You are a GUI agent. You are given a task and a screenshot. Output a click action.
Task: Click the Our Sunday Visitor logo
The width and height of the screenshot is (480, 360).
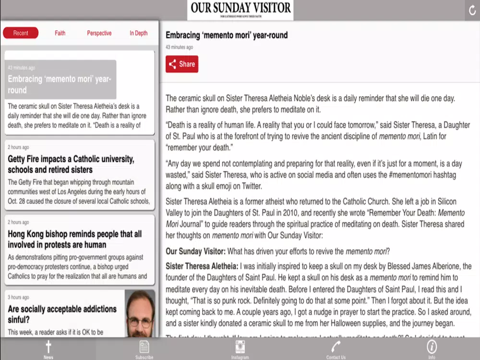(240, 10)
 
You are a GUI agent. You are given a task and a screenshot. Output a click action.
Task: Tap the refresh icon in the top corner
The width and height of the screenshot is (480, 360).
(472, 10)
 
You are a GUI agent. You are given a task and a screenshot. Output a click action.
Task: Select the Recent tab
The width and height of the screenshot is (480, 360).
(21, 33)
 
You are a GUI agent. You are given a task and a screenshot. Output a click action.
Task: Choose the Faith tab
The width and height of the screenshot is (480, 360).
(60, 33)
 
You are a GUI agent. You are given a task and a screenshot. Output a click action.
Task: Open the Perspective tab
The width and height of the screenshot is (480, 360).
(99, 33)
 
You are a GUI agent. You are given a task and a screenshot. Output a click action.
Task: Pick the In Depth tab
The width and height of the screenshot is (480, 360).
(139, 33)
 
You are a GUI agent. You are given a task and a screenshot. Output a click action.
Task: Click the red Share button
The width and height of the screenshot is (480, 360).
(182, 64)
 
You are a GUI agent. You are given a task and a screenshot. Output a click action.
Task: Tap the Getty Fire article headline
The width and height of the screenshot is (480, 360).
(71, 164)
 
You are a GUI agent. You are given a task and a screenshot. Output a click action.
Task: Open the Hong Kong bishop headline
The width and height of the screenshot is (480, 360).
(74, 239)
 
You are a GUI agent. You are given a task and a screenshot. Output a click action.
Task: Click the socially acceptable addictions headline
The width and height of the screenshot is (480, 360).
(62, 314)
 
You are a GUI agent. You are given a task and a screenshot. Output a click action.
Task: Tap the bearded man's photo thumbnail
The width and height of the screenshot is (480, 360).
(140, 313)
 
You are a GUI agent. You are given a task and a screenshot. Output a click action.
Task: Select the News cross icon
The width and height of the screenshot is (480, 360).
(48, 347)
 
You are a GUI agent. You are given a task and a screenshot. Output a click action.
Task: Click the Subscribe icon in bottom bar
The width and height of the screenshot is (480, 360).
(144, 347)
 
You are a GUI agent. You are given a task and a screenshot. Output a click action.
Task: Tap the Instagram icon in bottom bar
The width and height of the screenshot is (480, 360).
(240, 347)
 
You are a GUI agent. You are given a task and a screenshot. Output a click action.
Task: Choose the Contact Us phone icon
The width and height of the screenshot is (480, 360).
(336, 347)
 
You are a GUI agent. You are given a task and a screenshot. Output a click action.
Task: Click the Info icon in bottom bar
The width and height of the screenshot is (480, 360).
(432, 347)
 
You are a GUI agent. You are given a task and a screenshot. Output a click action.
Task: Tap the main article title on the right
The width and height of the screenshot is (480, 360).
(227, 35)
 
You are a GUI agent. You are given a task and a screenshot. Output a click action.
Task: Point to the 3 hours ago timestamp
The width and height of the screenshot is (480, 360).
(18, 298)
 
